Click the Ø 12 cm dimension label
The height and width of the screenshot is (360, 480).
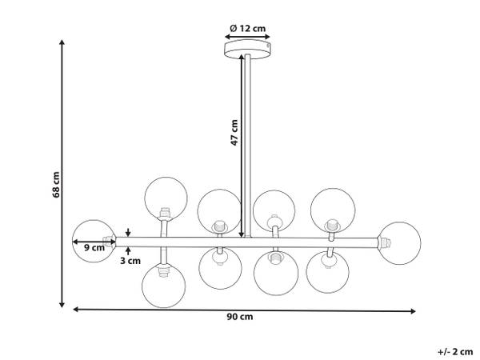[247, 29]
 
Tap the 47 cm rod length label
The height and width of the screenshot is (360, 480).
[234, 132]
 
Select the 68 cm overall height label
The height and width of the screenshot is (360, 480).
[56, 185]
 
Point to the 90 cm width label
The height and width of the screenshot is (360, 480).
[240, 317]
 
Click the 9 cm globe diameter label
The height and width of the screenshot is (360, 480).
[94, 247]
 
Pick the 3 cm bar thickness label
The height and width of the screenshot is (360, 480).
[130, 261]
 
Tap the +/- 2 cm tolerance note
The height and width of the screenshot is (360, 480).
[455, 352]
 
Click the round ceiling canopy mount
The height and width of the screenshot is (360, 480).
[247, 49]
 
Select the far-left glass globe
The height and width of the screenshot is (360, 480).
[94, 241]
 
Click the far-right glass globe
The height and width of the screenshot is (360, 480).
[399, 243]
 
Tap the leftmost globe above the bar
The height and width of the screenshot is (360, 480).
[166, 198]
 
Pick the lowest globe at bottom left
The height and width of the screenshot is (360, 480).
[164, 286]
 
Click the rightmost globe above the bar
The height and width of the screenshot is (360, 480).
[333, 210]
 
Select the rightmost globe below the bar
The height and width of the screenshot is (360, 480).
[327, 272]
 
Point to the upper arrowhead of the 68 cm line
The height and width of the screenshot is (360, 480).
[62, 42]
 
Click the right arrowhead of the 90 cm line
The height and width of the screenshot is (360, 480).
[413, 311]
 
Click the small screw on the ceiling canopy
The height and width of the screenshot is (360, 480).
[268, 46]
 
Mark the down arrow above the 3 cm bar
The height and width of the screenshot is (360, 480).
[128, 232]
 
